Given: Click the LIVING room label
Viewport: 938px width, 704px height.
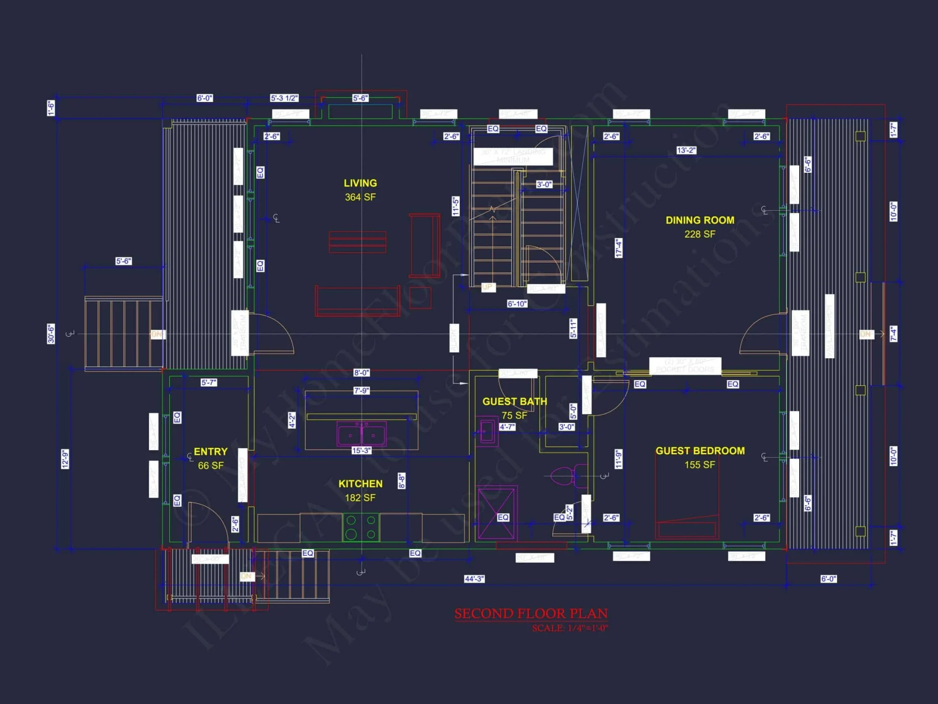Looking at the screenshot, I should (x=360, y=183).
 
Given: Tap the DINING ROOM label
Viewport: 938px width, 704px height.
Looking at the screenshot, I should (x=700, y=220).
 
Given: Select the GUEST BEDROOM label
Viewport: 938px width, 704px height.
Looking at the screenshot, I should (x=700, y=451).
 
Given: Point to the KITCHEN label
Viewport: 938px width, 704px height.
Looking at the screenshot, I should (x=360, y=483).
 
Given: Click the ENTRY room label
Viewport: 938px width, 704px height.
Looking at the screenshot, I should (x=211, y=451).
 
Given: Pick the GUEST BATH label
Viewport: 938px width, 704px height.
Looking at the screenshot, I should (x=514, y=401).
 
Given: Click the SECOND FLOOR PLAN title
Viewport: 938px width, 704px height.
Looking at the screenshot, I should (x=531, y=613).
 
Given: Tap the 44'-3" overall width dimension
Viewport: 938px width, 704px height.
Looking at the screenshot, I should (x=474, y=579).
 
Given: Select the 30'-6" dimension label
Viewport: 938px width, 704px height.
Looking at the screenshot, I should (x=51, y=334).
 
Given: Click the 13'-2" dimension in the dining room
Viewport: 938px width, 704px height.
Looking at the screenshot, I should (x=686, y=150).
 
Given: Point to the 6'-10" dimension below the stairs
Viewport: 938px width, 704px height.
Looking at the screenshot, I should (x=517, y=304).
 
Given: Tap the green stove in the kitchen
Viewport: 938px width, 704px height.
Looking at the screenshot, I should (x=361, y=527).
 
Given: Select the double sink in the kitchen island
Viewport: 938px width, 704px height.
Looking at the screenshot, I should (x=362, y=433).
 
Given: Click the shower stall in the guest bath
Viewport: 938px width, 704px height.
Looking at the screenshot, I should (x=497, y=513).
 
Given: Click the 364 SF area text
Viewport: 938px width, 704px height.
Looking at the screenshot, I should (x=360, y=197).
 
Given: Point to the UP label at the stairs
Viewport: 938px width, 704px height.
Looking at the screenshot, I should (x=487, y=287).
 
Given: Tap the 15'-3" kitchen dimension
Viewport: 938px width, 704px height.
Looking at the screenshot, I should (x=361, y=451).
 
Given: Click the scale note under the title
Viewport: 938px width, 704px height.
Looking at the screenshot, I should (x=570, y=628).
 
